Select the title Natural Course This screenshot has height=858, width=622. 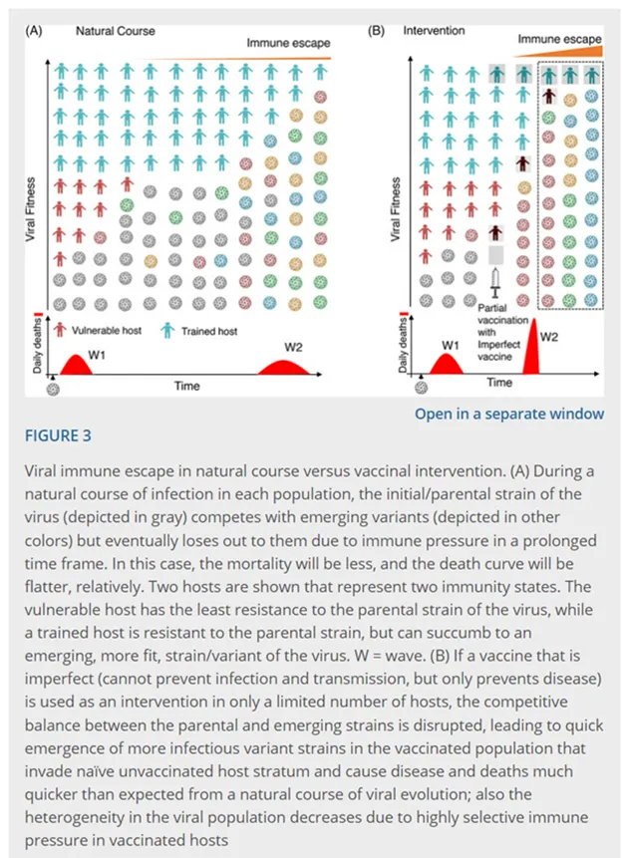[x=116, y=31]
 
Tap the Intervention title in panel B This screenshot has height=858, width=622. [x=434, y=31]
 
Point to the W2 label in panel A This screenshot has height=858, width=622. [x=292, y=346]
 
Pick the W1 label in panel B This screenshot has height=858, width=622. [x=451, y=345]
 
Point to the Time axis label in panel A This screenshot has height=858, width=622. [x=185, y=385]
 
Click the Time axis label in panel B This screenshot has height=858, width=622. [x=498, y=382]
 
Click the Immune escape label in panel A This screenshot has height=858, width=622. [x=288, y=43]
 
